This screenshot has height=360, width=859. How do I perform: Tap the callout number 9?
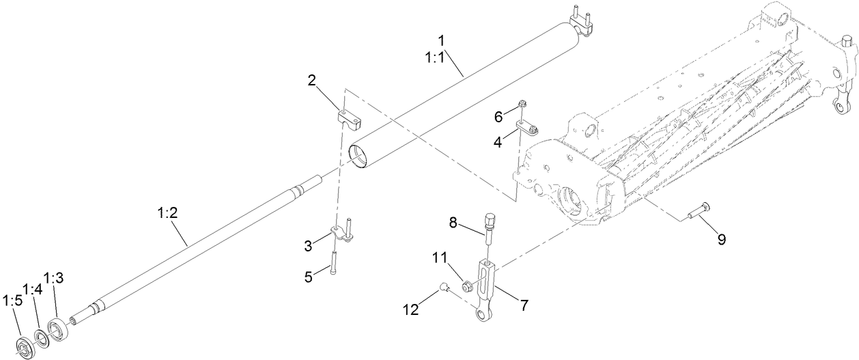click(x=720, y=239)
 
